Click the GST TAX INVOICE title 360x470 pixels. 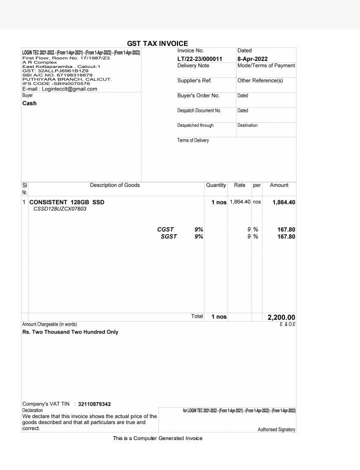click(157, 43)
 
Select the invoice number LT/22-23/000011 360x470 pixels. click(199, 59)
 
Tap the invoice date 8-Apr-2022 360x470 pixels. click(252, 59)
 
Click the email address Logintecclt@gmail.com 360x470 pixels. click(69, 89)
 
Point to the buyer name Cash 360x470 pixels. click(29, 103)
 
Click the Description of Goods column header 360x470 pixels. click(115, 185)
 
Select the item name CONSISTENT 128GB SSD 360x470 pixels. click(67, 202)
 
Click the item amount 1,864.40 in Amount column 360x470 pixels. click(283, 202)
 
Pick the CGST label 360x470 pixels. click(165, 230)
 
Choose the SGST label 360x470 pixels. click(168, 237)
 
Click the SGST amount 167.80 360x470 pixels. click(286, 237)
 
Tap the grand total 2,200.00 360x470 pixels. click(281, 317)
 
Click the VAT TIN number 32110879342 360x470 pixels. click(94, 404)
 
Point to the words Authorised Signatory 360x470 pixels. click(276, 430)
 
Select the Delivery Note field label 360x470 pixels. click(193, 65)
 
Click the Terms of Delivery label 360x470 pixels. click(193, 140)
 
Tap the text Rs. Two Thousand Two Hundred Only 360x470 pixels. click(70, 332)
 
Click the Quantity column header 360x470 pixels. click(216, 185)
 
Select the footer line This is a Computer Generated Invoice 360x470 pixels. click(157, 438)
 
